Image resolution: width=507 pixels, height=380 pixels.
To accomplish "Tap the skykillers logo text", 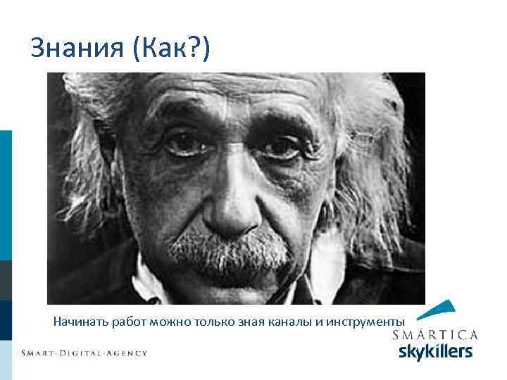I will click(435, 351).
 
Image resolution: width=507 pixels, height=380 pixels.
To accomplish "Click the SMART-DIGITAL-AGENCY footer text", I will click(84, 353).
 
